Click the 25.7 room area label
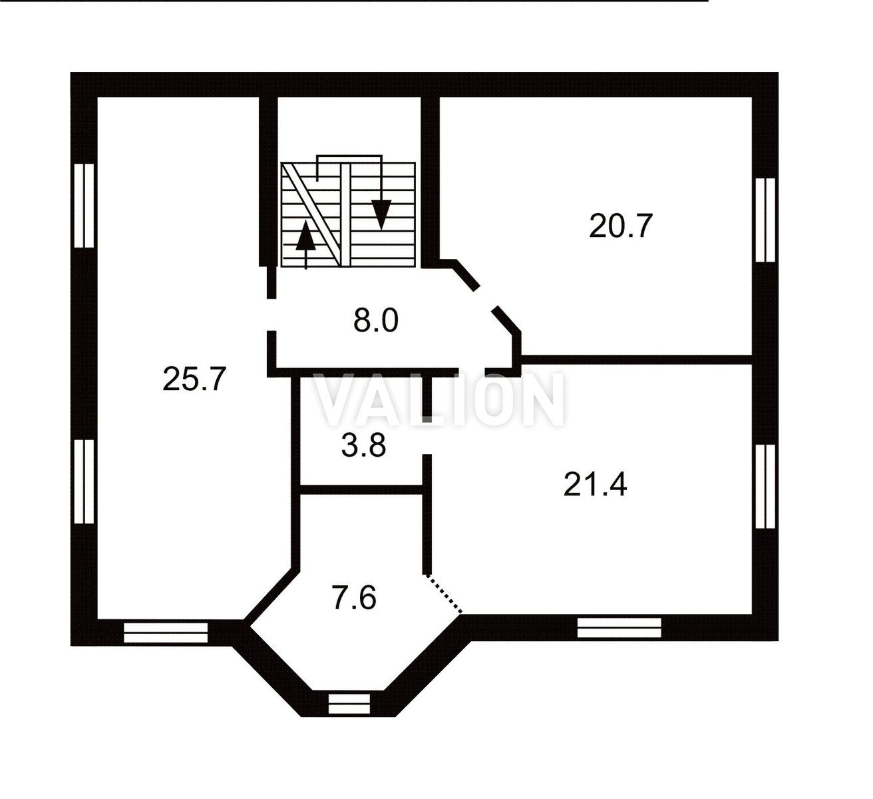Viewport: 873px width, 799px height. [194, 379]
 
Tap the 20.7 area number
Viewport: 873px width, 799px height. [621, 226]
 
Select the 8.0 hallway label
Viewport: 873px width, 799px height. [375, 321]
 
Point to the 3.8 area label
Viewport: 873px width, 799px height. [363, 445]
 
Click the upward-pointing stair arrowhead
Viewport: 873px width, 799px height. [305, 235]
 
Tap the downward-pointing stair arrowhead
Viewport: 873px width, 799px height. [381, 214]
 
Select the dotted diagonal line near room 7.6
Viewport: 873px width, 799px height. [444, 594]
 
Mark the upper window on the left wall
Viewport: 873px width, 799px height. [85, 206]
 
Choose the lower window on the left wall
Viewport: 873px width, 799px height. [85, 481]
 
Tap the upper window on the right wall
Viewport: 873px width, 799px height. [765, 220]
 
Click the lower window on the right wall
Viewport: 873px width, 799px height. [765, 487]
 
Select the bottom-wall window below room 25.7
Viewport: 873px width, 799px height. [166, 633]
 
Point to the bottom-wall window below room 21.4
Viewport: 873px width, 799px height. [619, 627]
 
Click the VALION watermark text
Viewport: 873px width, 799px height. [440, 400]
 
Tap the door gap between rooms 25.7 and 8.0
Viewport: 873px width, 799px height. [271, 315]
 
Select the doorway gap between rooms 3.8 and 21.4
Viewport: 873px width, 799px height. [427, 439]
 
